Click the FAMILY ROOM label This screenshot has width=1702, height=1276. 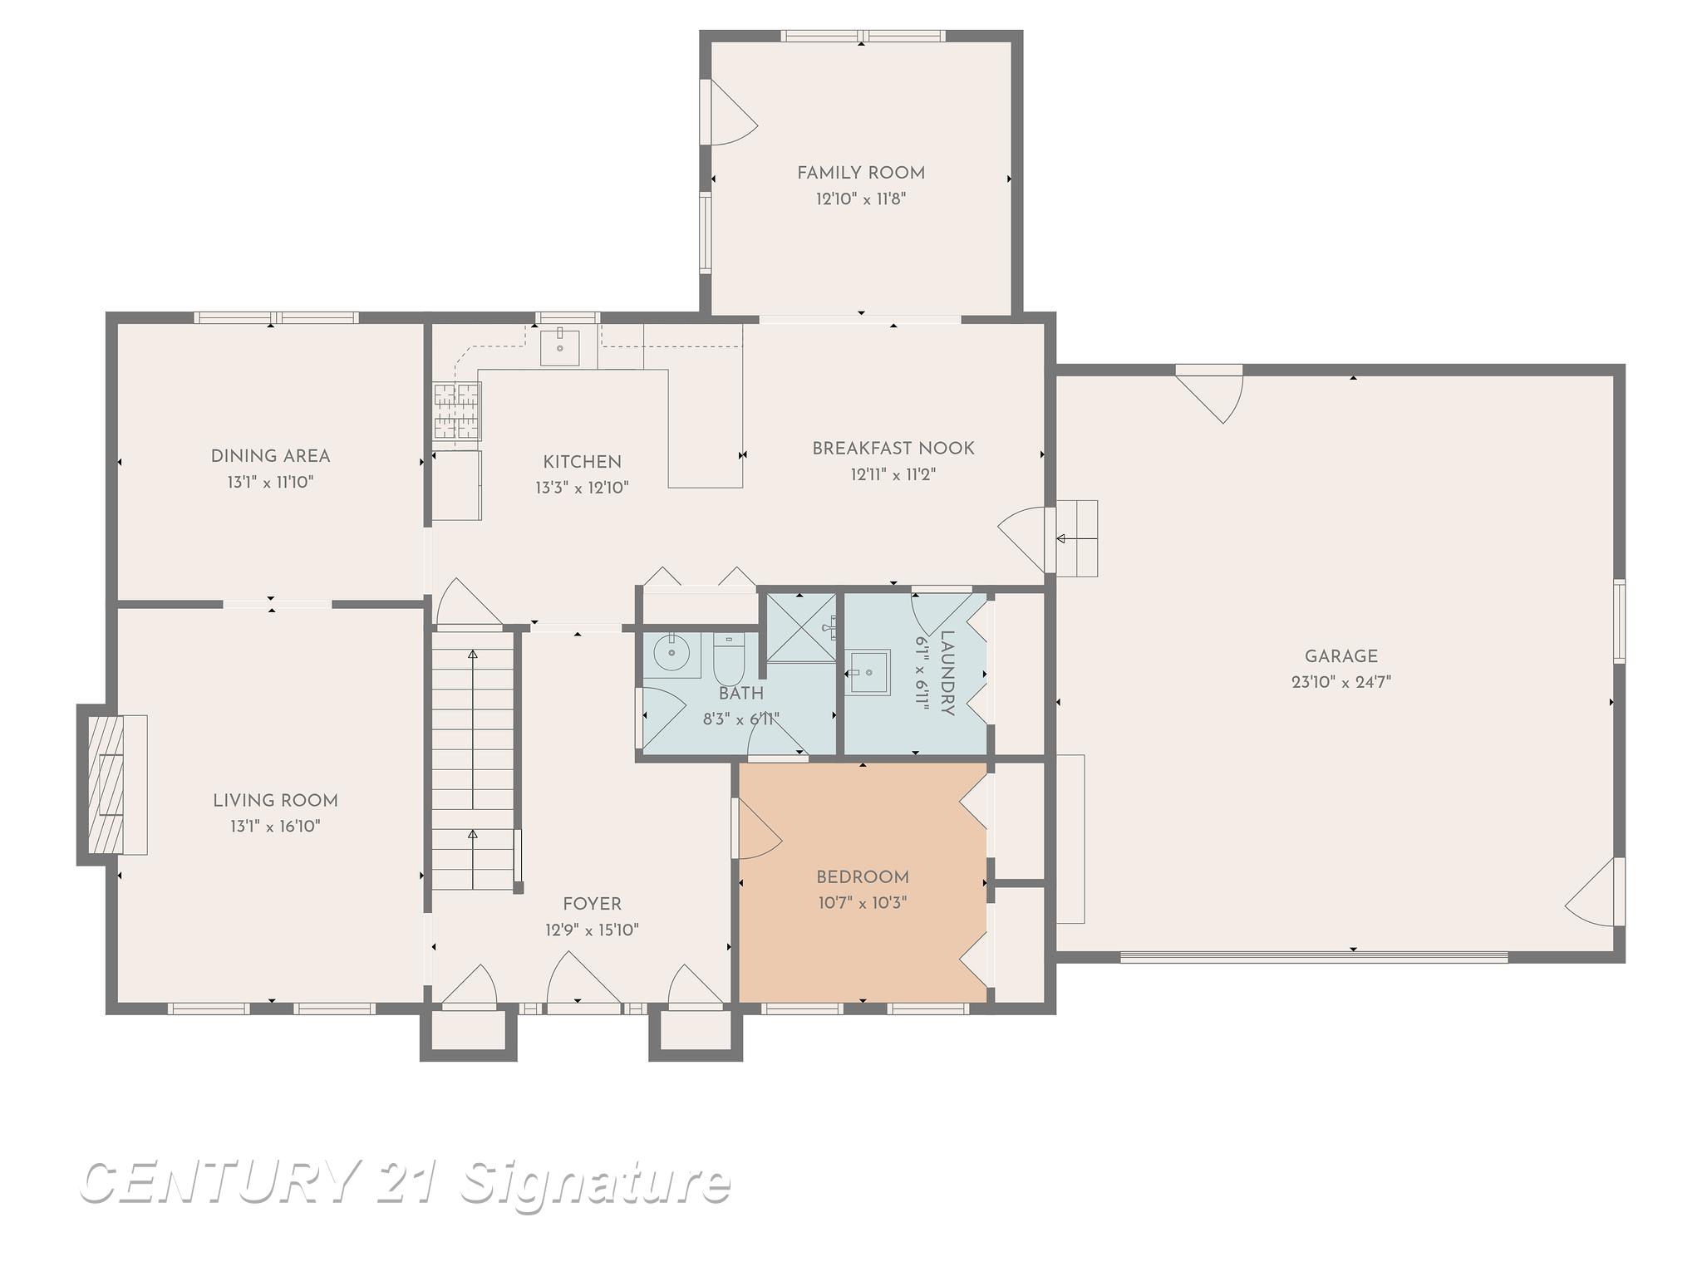coord(860,173)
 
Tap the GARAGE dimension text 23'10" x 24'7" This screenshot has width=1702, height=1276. coord(1340,683)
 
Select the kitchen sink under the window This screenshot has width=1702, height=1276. coord(560,347)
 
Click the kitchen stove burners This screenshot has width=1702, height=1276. coord(457,410)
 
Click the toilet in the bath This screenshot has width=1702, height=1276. coord(729,657)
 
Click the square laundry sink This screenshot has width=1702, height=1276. coord(868,671)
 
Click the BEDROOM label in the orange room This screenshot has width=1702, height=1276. coord(862,877)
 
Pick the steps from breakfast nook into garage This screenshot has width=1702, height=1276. coord(1077,538)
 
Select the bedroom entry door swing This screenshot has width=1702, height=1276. coord(756,831)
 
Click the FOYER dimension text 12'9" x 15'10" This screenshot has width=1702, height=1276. coord(592,930)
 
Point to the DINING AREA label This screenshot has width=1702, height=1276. coord(270,456)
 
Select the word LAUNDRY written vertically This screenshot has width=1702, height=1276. coord(947,673)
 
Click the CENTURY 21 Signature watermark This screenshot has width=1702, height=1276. coord(405,1181)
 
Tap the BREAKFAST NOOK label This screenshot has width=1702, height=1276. coord(893,449)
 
